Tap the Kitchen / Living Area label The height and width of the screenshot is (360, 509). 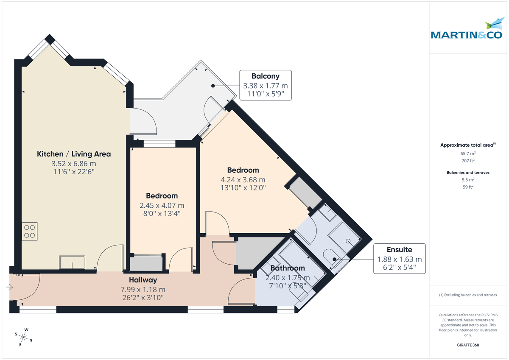74,153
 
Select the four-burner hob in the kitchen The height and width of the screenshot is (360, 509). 30,231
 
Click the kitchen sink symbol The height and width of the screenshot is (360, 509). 72,262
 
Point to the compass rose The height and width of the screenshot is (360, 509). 25,338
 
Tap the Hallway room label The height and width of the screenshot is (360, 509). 143,280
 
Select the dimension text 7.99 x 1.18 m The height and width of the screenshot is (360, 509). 143,289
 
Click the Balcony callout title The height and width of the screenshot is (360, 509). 266,76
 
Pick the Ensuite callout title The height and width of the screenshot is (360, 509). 399,249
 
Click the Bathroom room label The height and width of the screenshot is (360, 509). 288,268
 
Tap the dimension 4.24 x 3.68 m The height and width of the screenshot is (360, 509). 243,179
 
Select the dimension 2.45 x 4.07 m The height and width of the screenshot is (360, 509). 162,205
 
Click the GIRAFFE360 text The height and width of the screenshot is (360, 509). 468,345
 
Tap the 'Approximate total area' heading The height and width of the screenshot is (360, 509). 467,145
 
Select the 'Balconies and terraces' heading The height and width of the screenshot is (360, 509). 468,173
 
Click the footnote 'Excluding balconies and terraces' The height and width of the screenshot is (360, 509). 468,295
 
